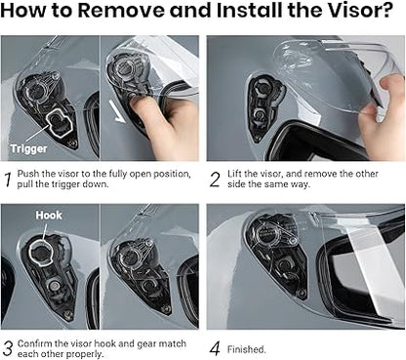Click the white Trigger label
point(28,148)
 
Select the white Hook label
point(49,215)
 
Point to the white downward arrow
point(117,111)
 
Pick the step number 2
point(215,180)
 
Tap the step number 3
point(8,348)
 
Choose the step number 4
point(215,349)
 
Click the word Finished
point(246,349)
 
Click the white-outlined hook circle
point(40,252)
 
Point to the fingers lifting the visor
point(383,103)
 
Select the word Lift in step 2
point(234,174)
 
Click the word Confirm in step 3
point(35,343)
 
